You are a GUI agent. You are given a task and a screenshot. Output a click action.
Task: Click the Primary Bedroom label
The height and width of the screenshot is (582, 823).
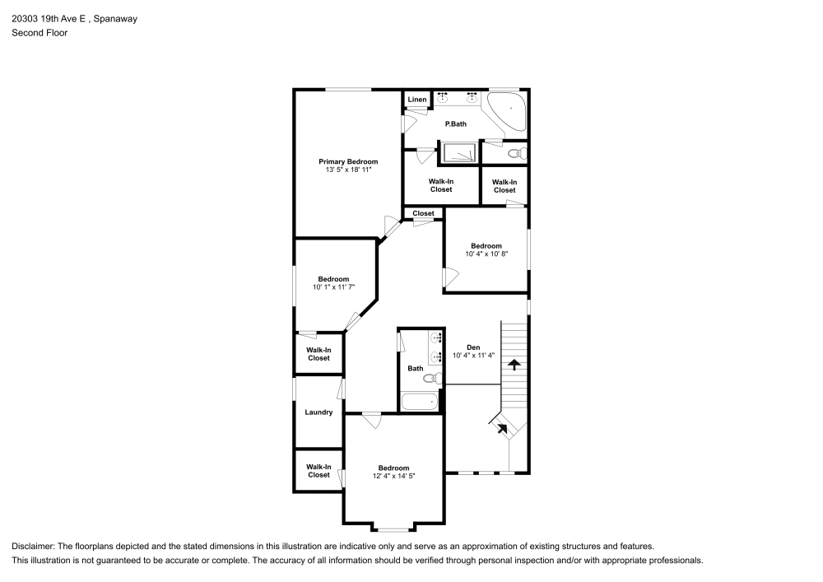pos(348,161)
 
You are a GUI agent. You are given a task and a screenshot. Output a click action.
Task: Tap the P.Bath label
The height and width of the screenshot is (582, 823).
pos(456,124)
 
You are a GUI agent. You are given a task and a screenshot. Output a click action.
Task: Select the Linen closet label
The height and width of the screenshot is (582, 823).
pos(417,100)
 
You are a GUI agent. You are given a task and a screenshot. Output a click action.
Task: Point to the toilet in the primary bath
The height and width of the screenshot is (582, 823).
pos(514,153)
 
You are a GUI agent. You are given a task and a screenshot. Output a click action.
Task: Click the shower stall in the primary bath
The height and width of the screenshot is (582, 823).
pos(459,153)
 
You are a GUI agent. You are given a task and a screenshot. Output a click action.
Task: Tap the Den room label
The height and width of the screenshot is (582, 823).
pos(473,347)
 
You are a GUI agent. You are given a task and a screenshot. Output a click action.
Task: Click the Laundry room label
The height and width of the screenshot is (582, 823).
pos(319,412)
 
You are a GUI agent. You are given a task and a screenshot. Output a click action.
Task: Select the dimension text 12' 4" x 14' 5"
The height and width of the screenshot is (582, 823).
pos(393,477)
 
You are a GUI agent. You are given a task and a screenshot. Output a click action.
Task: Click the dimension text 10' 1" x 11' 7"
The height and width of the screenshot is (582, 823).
pos(333,287)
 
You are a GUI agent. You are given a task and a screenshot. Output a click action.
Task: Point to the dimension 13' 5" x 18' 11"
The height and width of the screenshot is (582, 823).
pos(348,170)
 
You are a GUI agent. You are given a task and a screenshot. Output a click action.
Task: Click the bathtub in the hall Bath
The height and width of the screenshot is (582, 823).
pos(420,402)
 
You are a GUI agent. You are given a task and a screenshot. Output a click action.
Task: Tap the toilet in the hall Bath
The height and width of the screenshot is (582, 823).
pos(430,378)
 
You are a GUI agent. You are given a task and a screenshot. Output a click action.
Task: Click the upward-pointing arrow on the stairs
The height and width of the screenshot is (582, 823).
pos(514,362)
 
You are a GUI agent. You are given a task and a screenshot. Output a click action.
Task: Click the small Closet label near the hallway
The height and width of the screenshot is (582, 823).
pos(423,213)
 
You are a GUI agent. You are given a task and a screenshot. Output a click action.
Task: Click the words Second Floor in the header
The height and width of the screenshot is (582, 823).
pos(40,33)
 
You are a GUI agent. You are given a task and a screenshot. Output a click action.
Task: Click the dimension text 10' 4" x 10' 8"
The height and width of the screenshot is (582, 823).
pos(486,254)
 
